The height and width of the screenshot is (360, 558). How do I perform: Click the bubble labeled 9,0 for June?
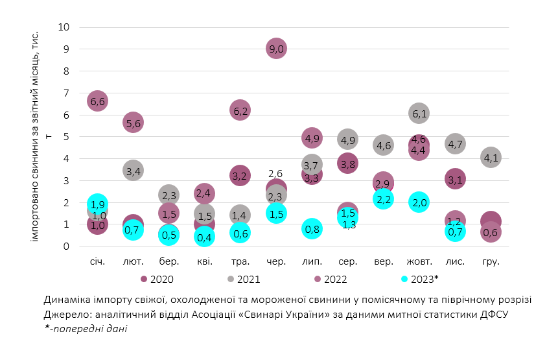tap(276, 49)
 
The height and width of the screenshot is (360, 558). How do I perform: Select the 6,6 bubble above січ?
tap(97, 101)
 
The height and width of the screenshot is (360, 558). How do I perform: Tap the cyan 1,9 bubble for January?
tap(97, 204)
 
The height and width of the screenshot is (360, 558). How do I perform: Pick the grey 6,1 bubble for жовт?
tap(419, 114)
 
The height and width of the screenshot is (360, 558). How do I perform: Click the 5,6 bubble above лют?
tap(134, 123)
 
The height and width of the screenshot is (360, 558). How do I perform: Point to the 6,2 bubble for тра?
tap(240, 111)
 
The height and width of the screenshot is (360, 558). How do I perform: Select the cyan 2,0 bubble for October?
tap(419, 202)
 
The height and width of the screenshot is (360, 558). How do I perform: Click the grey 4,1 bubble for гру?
tap(491, 157)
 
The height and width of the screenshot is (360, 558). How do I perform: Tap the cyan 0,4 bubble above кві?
tap(205, 237)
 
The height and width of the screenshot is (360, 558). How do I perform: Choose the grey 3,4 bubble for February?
tap(134, 171)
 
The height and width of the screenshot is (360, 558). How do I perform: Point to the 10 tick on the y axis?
tap(64, 27)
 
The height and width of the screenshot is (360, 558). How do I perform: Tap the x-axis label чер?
tap(276, 261)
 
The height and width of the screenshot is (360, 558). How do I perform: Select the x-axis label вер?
tap(384, 261)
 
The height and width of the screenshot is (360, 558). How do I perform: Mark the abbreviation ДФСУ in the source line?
tap(494, 314)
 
